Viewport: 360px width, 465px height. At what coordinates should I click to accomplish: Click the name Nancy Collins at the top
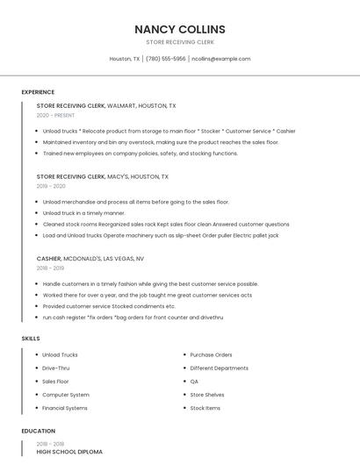(x=179, y=29)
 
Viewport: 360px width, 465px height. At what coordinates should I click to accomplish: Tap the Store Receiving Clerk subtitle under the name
(x=179, y=42)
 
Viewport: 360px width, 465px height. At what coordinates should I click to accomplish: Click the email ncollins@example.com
(x=220, y=59)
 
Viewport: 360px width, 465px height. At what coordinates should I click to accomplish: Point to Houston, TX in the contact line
(x=124, y=59)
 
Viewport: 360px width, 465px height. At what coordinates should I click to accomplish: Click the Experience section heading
(x=38, y=92)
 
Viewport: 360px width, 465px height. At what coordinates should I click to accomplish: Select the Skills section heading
(x=31, y=338)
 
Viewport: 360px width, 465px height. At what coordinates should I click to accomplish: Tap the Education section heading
(x=38, y=431)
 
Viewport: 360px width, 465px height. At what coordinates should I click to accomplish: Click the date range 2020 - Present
(x=55, y=115)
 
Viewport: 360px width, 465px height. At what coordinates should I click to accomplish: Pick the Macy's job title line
(x=102, y=176)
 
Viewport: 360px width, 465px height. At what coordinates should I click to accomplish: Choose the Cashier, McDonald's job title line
(x=90, y=259)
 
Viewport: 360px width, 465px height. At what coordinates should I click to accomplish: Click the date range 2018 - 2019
(x=51, y=268)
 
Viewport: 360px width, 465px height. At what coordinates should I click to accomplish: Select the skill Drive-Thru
(x=56, y=368)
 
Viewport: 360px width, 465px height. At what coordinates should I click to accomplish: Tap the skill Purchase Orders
(x=211, y=354)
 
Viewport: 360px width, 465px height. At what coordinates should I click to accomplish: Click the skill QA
(x=194, y=382)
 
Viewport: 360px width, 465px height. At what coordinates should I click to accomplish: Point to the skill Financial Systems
(x=65, y=408)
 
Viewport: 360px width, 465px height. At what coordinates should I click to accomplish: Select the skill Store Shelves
(x=207, y=395)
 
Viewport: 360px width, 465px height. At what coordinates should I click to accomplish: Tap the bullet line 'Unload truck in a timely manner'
(x=84, y=212)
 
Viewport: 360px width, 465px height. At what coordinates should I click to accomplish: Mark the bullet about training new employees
(x=140, y=153)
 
